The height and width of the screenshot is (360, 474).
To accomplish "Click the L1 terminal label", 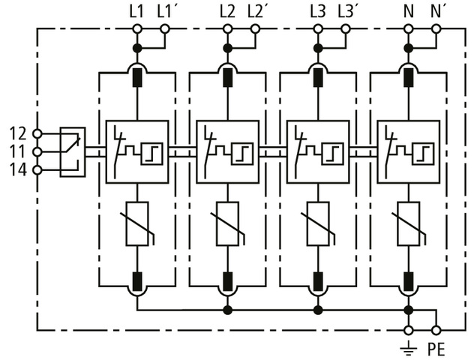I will click(x=136, y=11).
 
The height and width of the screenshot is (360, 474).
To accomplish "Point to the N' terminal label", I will click(x=437, y=11).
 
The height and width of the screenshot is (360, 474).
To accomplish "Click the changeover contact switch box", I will click(x=72, y=151).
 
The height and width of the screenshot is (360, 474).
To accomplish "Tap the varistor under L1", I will click(x=137, y=223).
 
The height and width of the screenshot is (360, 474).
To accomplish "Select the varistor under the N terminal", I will click(x=409, y=223).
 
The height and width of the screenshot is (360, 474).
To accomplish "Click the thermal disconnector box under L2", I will click(x=227, y=151).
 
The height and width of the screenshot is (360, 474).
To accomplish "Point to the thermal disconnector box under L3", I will click(x=318, y=151).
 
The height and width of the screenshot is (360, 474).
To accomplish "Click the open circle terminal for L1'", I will click(x=165, y=29).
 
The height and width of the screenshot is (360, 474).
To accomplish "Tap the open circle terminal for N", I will click(x=409, y=29).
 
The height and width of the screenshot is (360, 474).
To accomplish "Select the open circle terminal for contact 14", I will click(x=37, y=170).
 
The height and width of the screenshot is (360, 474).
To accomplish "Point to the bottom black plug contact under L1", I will click(x=137, y=282).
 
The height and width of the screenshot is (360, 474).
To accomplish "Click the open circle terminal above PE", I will click(x=436, y=330).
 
